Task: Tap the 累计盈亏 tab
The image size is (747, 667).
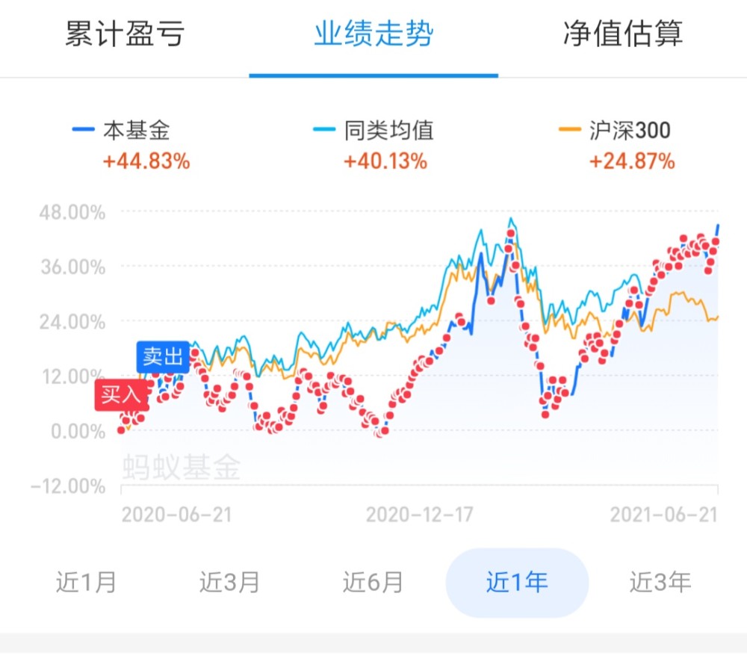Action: click(x=124, y=34)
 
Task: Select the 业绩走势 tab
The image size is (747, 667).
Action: click(x=373, y=34)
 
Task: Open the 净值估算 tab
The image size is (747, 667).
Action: click(x=623, y=34)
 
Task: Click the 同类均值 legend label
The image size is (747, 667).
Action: click(x=388, y=130)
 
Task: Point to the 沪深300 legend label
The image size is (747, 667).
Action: click(x=630, y=130)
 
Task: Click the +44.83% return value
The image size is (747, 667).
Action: click(x=146, y=161)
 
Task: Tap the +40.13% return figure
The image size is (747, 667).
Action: click(x=385, y=161)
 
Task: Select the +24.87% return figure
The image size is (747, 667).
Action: click(x=632, y=161)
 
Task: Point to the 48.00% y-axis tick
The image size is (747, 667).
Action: click(x=72, y=212)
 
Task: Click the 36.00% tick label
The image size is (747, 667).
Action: click(x=73, y=267)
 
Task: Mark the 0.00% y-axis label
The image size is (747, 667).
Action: click(x=78, y=432)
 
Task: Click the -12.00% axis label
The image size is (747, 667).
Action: click(x=68, y=486)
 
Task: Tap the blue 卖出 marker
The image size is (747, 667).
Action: click(x=163, y=357)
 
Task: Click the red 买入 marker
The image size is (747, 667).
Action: click(x=122, y=395)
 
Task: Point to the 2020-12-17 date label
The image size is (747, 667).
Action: click(x=419, y=515)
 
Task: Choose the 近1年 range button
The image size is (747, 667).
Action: click(x=517, y=582)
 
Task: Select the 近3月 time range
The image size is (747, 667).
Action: click(x=229, y=582)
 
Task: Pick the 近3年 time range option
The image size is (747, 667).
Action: click(x=660, y=582)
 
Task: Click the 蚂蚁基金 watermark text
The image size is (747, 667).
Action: click(x=182, y=467)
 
